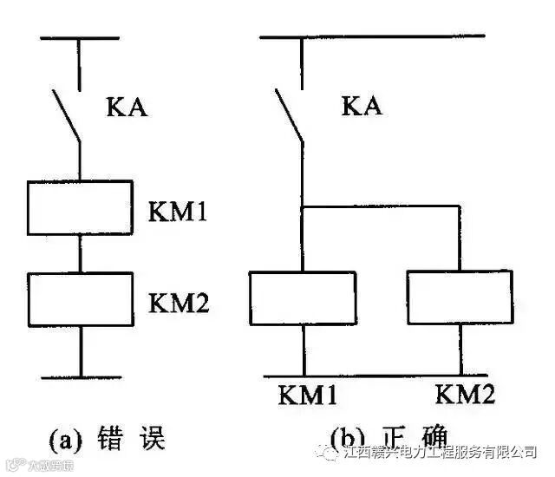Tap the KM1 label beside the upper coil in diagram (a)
[175, 211]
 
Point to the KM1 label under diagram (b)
[307, 395]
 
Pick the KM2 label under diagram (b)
[466, 395]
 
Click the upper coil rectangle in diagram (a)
[81, 207]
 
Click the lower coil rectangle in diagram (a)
[81, 297]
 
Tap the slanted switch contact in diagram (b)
[290, 115]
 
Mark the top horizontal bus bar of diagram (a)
[80, 38]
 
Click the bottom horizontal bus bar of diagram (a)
[81, 376]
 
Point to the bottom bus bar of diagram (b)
[382, 376]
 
